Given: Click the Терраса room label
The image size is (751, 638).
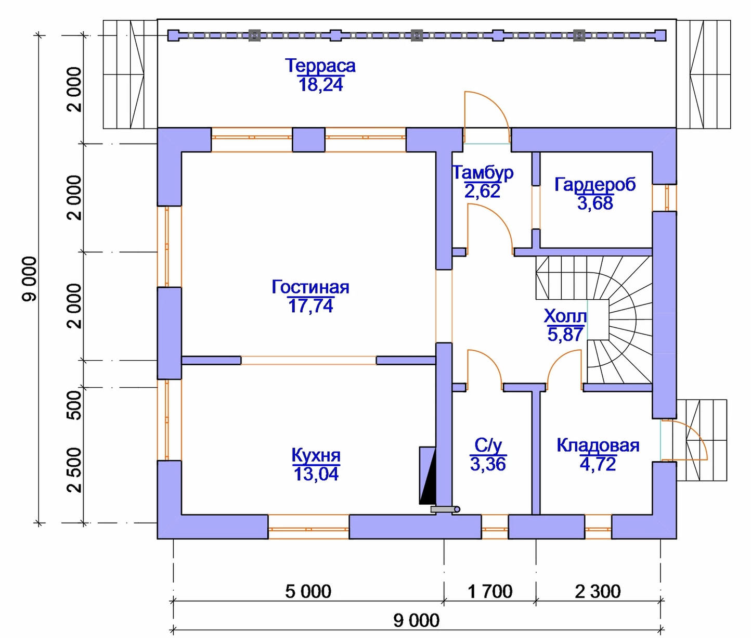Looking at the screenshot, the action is click(x=320, y=66).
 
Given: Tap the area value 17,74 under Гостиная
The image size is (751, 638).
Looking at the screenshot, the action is click(x=310, y=305).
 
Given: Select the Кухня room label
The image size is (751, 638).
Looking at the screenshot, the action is click(x=316, y=455).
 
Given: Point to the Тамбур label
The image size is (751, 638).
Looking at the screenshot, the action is click(x=483, y=173).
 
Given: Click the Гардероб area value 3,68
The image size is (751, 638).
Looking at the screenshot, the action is click(x=595, y=203).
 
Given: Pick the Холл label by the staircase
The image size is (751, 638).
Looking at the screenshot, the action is click(x=565, y=315).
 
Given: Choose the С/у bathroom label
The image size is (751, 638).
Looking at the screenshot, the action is click(x=488, y=445).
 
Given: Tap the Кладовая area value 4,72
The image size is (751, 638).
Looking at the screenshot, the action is click(x=598, y=464).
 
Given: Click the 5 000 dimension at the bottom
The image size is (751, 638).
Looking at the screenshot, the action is click(x=308, y=592).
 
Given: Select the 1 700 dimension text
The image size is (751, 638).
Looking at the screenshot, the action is click(x=490, y=592).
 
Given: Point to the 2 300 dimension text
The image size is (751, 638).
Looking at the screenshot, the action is click(x=598, y=592).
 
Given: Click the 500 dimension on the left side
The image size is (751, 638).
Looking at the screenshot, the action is click(x=75, y=405).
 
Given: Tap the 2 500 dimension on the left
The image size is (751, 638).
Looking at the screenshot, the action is click(x=75, y=469).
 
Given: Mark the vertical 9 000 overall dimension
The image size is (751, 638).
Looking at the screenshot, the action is click(x=30, y=279).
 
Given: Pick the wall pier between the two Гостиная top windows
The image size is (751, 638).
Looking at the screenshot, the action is click(x=308, y=140).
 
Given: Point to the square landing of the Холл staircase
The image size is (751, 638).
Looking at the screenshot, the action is click(x=598, y=320).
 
